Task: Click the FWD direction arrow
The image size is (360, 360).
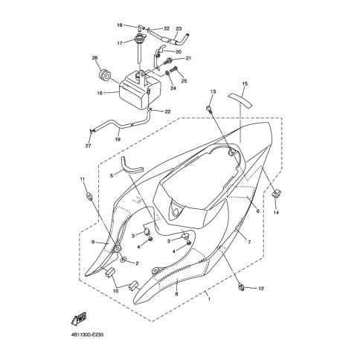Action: click(x=79, y=318)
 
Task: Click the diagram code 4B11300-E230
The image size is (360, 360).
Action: click(x=86, y=335)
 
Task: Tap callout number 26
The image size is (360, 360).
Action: click(x=94, y=58)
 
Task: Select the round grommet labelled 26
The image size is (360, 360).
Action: click(x=104, y=75)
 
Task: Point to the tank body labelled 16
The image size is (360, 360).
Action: click(x=140, y=91)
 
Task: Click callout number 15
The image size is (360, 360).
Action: click(x=245, y=84)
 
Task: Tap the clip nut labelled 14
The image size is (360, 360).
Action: click(x=276, y=193)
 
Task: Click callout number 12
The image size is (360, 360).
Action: click(x=261, y=289)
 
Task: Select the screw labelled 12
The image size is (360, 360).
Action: click(x=241, y=287)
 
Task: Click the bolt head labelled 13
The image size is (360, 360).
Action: click(x=209, y=108)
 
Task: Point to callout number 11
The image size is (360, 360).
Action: click(x=83, y=179)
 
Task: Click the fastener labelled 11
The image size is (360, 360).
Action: click(x=89, y=196)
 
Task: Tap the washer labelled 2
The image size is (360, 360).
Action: click(x=123, y=260)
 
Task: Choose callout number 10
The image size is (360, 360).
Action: click(x=115, y=291)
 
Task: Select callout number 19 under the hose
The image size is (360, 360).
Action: click(x=118, y=139)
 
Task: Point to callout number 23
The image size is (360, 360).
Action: click(x=179, y=29)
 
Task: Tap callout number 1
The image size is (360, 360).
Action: click(x=209, y=299)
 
